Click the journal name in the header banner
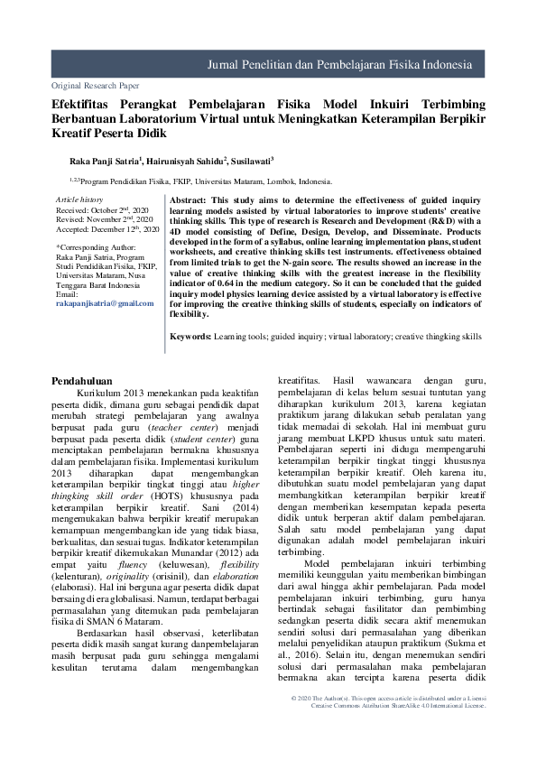pos(339,66)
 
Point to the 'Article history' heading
pos(79,199)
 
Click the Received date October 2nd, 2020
pos(101,209)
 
